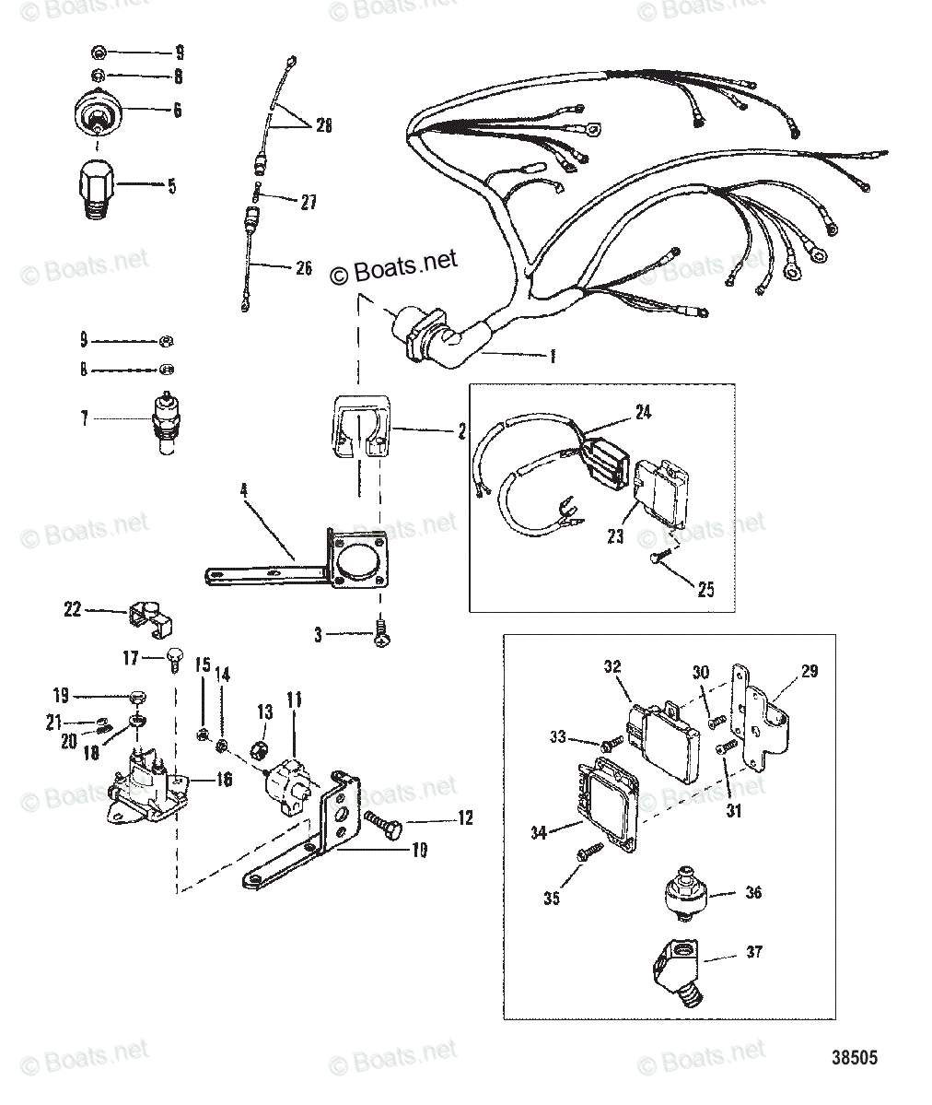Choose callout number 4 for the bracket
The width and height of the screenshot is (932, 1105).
pyautogui.click(x=244, y=492)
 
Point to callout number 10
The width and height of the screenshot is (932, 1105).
pyautogui.click(x=419, y=851)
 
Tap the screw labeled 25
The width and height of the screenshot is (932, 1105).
pyautogui.click(x=660, y=558)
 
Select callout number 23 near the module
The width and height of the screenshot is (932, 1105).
pyautogui.click(x=615, y=536)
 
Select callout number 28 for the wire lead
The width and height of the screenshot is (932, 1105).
pyautogui.click(x=322, y=125)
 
